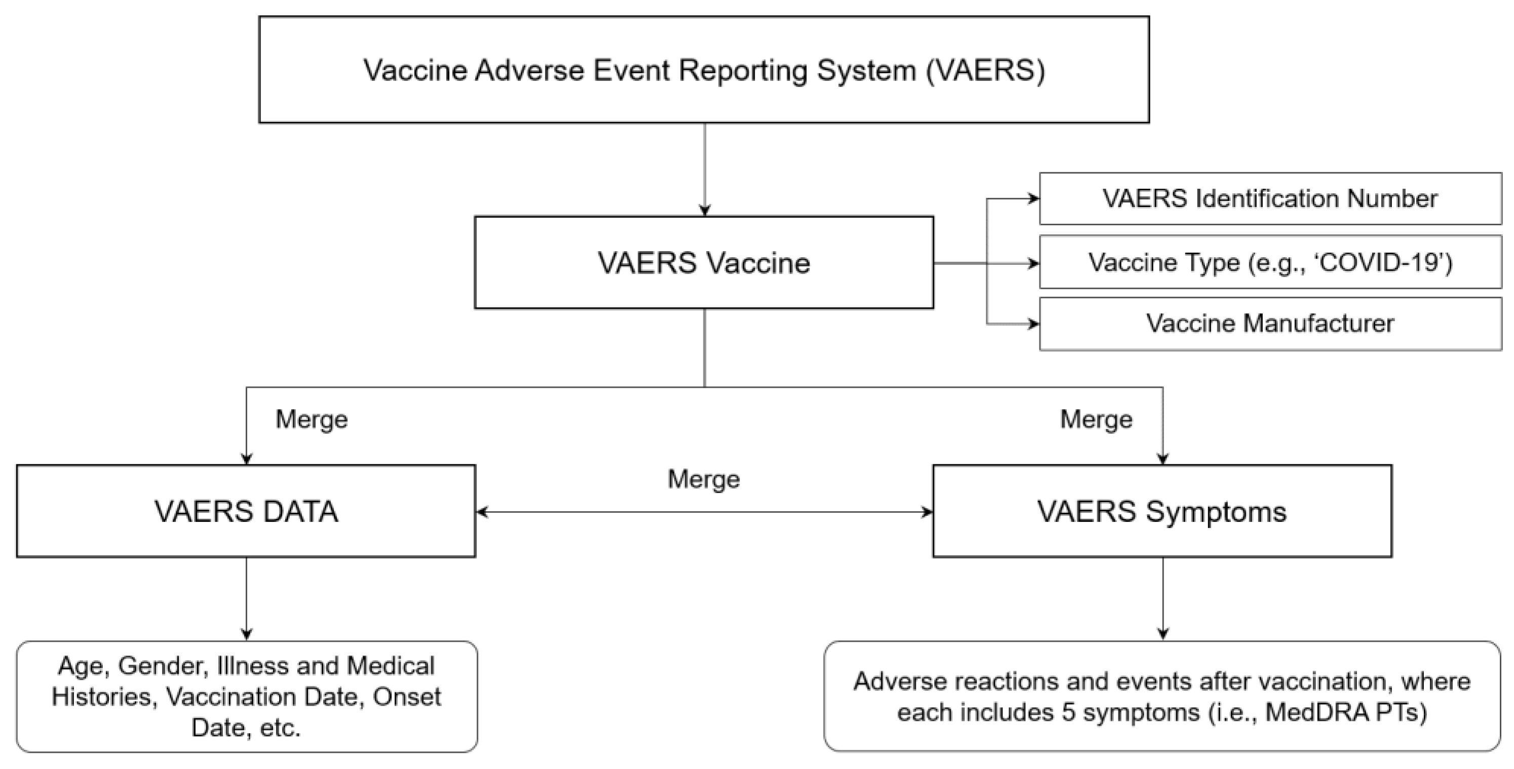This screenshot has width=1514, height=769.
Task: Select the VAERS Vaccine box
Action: coord(704,263)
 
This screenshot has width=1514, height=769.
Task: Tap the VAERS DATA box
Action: coord(246,511)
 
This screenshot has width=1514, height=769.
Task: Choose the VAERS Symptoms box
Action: coord(1162,511)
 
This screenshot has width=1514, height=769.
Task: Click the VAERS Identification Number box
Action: coord(1269,198)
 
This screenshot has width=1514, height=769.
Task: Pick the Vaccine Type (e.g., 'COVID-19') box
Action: coord(1269,262)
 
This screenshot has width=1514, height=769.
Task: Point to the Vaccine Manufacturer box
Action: coord(1269,323)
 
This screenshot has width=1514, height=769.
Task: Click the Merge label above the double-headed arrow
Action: coord(704,479)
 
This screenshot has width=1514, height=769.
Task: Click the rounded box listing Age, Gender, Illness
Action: coord(247,697)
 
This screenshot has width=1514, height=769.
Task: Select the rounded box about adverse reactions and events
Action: coord(1162,697)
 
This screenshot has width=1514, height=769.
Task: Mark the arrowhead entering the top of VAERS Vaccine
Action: coord(705,210)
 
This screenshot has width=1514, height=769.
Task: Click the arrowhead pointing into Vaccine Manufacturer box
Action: coord(1033,323)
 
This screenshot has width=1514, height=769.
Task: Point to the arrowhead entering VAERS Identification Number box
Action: coord(1033,198)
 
